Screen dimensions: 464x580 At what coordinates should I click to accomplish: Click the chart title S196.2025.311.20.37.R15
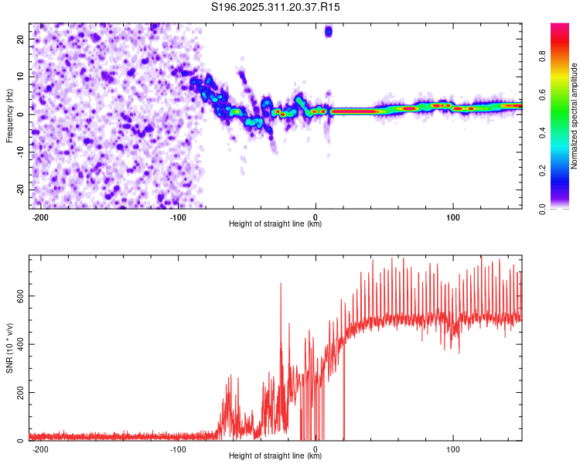click(276, 7)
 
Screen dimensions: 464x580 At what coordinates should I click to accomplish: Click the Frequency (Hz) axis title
click(9, 117)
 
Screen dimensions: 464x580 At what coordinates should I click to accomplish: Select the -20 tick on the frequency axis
click(19, 190)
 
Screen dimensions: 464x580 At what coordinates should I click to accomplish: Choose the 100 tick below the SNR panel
click(453, 449)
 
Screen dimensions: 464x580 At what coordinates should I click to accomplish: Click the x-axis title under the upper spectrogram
click(275, 224)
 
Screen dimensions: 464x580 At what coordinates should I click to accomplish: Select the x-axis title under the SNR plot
click(275, 456)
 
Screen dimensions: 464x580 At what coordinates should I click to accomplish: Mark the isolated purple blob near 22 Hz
click(329, 32)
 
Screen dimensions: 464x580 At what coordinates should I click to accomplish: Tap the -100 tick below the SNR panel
click(178, 449)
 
